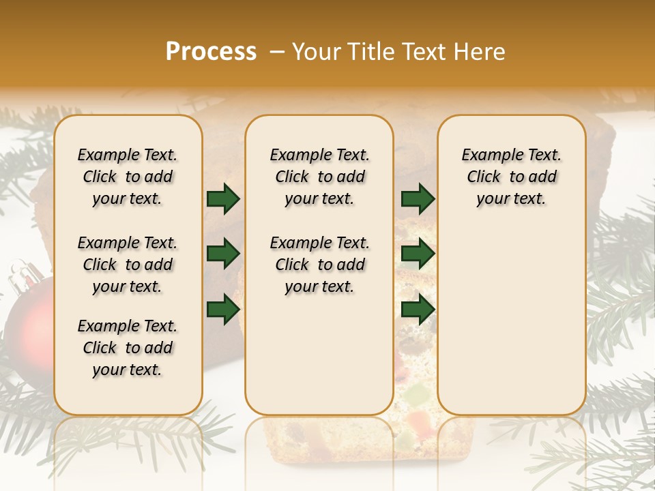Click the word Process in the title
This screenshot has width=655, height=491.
click(211, 52)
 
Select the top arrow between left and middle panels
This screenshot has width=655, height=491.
click(223, 198)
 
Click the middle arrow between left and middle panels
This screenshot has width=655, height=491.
click(223, 254)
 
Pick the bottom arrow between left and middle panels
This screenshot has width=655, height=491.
click(223, 309)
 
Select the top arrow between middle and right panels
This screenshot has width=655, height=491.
click(418, 198)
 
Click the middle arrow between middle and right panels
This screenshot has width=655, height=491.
click(418, 254)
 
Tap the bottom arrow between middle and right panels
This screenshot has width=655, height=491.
click(418, 309)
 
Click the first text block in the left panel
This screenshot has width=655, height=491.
click(128, 177)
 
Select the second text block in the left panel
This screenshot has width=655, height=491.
click(128, 265)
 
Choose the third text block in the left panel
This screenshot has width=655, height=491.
click(128, 348)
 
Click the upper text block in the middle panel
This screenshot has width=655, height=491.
click(319, 177)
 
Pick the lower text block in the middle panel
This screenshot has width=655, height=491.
click(319, 265)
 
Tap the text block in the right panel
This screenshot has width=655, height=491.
click(511, 177)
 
